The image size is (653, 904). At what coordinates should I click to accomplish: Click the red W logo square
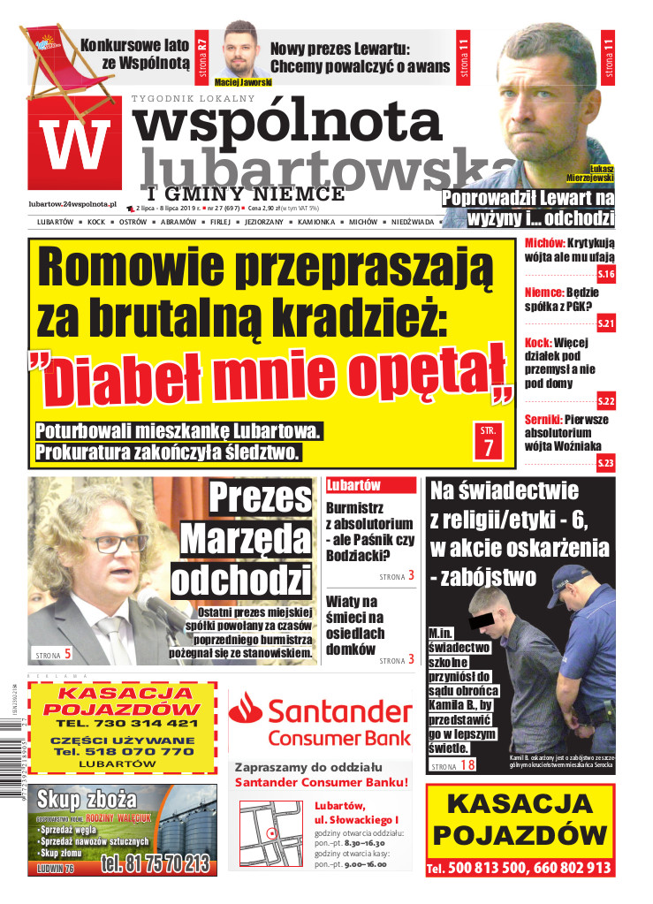coord(75,144)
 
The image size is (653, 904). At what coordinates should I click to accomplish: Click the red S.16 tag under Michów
coord(606,275)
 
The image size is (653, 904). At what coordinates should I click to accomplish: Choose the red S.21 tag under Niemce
coord(606,324)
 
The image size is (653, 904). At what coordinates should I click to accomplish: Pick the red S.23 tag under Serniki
coord(606,463)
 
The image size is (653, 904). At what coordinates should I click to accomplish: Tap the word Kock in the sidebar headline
coord(537,341)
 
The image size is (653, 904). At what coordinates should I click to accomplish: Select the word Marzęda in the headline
coord(246,539)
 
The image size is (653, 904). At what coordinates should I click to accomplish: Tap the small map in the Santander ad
coord(271,832)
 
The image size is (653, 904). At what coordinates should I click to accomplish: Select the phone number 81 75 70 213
coord(156,862)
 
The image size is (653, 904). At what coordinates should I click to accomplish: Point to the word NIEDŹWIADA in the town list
coord(413,222)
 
